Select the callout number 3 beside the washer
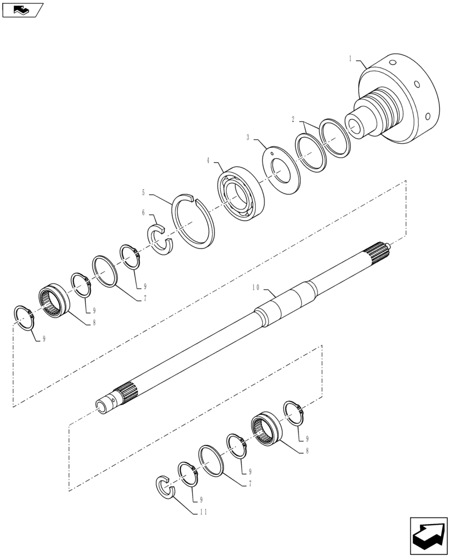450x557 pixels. [x=248, y=137]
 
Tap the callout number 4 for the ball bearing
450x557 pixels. [x=208, y=160]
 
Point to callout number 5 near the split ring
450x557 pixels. [x=144, y=193]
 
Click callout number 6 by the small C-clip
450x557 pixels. [x=143, y=213]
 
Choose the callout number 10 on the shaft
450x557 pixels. [x=256, y=288]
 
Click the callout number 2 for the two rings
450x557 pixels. [x=294, y=119]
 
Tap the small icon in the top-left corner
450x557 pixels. [x=21, y=9]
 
